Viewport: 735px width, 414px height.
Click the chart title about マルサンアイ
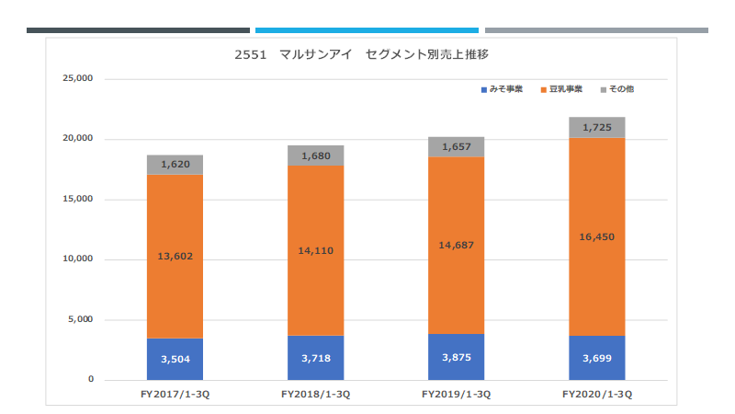pos(361,54)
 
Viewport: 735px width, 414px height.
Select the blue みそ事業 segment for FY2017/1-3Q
pos(175,359)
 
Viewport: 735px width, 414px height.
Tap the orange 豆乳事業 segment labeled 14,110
pos(315,250)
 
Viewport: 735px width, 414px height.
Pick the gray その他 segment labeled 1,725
pos(596,127)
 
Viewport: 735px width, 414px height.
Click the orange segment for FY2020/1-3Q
pos(596,236)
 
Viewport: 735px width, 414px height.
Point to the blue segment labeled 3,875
pos(456,357)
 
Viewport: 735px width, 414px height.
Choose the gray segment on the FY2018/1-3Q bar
pos(315,155)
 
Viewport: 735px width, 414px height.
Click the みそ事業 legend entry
pos(502,89)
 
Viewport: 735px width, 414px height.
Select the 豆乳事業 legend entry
pos(561,89)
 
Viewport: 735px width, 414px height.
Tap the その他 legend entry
pos(617,89)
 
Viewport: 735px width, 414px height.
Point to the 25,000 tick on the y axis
pos(78,78)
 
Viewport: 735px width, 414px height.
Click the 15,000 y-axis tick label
pos(78,199)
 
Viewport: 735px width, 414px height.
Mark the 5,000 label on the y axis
pos(80,319)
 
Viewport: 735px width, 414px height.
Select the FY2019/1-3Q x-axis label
pos(456,395)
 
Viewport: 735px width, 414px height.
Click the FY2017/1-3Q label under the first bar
pos(175,395)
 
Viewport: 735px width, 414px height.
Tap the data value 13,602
pos(175,257)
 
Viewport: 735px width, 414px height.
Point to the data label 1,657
pos(456,147)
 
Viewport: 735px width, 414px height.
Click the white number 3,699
pos(596,359)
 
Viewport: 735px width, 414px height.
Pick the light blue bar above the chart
pos(367,30)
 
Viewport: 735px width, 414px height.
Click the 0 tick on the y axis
pos(90,379)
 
